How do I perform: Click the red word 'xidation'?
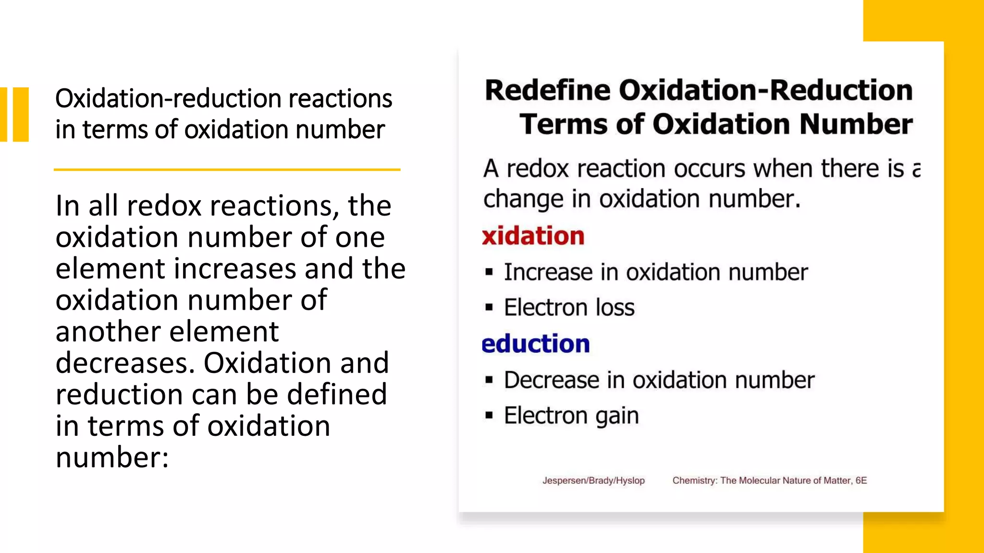pyautogui.click(x=533, y=236)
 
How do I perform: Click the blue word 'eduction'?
pyautogui.click(x=536, y=344)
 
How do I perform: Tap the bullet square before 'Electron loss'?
pyautogui.click(x=489, y=307)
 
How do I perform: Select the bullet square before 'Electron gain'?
pyautogui.click(x=489, y=415)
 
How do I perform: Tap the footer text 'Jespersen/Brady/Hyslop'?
pyautogui.click(x=593, y=481)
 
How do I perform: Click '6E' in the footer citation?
pyautogui.click(x=861, y=481)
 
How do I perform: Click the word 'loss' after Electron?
pyautogui.click(x=615, y=308)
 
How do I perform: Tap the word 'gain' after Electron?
pyautogui.click(x=617, y=416)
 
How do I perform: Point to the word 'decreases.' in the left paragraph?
pyautogui.click(x=125, y=363)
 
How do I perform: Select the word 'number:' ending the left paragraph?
pyautogui.click(x=112, y=457)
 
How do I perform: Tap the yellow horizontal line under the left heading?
pyautogui.click(x=227, y=169)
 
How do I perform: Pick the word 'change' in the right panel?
pyautogui.click(x=523, y=199)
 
